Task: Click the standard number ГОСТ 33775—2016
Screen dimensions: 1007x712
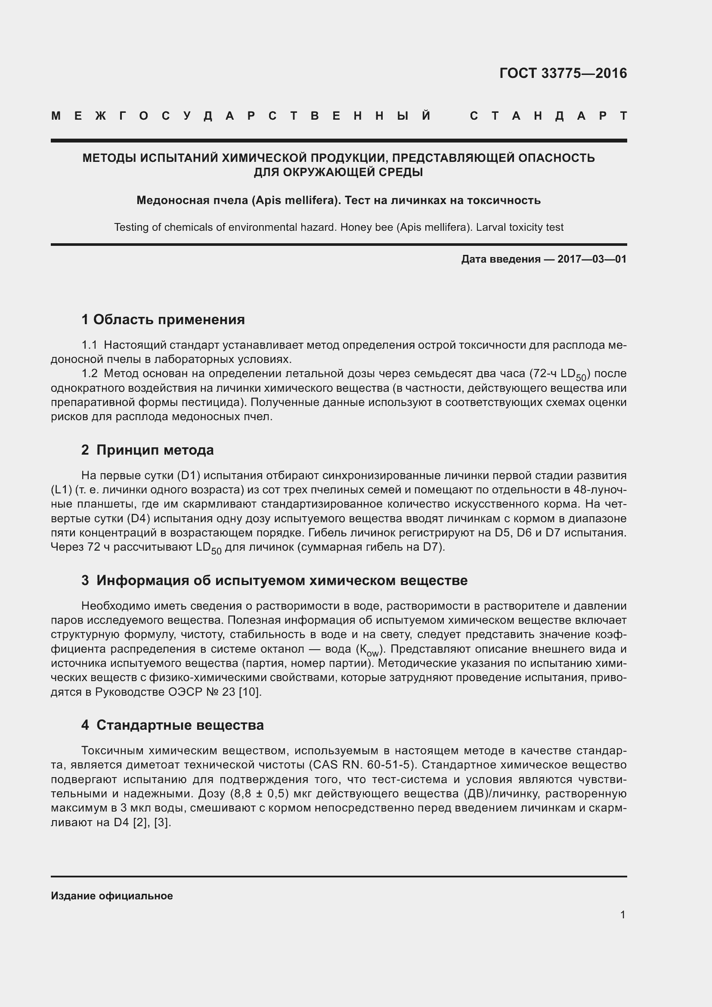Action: tap(563, 73)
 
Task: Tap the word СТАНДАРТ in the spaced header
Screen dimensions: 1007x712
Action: tap(548, 116)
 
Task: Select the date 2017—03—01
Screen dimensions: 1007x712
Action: tap(592, 259)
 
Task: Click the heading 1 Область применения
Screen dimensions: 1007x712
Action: tap(163, 319)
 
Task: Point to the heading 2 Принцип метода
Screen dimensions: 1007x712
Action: tap(147, 450)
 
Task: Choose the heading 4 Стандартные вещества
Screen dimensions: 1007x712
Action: tap(172, 725)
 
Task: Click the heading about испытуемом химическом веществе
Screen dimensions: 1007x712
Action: tap(275, 580)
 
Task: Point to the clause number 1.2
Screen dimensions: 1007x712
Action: tap(90, 374)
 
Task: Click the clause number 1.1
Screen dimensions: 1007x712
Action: tap(90, 345)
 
